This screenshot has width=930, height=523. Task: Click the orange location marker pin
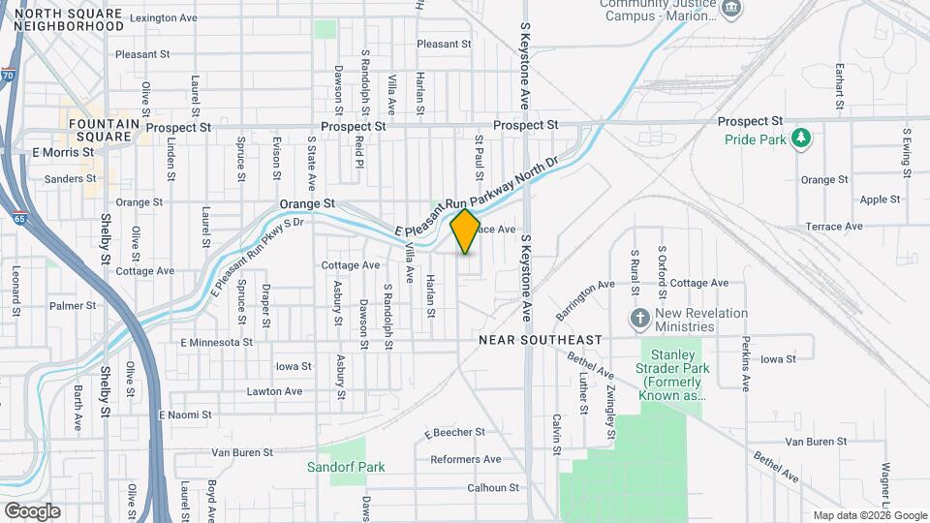465,231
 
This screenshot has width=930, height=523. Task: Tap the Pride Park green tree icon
800,139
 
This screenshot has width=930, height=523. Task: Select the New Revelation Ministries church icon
638,319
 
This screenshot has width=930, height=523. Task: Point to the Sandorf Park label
346,467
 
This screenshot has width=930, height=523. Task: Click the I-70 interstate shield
8,75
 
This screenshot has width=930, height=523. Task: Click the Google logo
32,510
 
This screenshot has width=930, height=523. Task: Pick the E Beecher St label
454,432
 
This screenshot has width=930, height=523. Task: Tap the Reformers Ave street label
465,459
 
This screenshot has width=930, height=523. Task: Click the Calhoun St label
494,487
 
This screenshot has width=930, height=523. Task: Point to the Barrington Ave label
585,300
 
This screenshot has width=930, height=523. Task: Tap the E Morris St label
61,153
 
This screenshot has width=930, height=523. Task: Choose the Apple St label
881,200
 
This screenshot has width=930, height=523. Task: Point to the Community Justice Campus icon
732,10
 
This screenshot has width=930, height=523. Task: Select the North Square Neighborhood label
69,19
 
